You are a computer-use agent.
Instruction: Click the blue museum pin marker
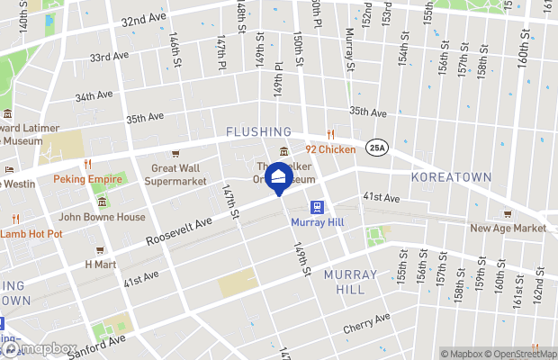pyautogui.click(x=279, y=175)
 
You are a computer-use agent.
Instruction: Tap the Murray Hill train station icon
pyautogui.click(x=318, y=206)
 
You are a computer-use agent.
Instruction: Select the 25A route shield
pyautogui.click(x=375, y=148)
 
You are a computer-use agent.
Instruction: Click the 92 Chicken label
pyautogui.click(x=329, y=149)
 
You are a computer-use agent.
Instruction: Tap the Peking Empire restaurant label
pyautogui.click(x=87, y=178)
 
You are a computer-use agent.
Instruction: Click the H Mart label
pyautogui.click(x=100, y=265)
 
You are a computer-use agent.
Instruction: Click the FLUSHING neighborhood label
pyautogui.click(x=258, y=131)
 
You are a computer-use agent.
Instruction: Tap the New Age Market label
pyautogui.click(x=508, y=228)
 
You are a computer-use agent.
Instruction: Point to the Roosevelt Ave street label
pyautogui.click(x=180, y=230)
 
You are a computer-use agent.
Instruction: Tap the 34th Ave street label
pyautogui.click(x=94, y=95)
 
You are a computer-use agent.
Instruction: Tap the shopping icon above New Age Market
pyautogui.click(x=508, y=213)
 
